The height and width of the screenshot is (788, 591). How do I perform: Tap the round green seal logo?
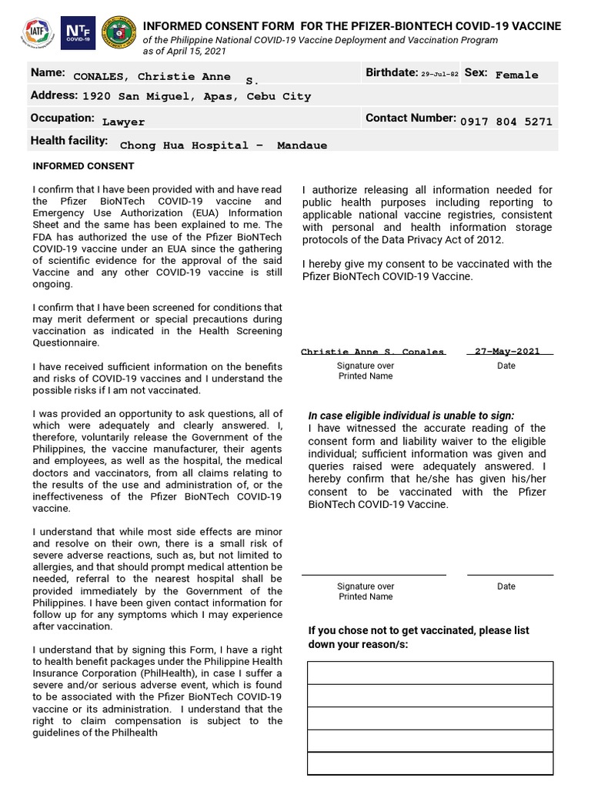[116, 34]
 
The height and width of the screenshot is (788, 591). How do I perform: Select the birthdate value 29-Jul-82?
[439, 74]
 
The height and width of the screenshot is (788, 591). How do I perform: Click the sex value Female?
[516, 75]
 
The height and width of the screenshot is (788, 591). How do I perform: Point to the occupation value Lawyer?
[123, 122]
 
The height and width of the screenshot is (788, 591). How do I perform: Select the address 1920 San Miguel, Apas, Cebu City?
[196, 97]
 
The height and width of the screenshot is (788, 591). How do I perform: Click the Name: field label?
[48, 72]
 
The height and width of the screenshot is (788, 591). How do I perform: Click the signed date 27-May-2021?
[507, 351]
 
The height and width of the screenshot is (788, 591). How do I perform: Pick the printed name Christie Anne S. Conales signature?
[372, 352]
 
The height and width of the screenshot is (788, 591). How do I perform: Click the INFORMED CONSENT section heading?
[83, 166]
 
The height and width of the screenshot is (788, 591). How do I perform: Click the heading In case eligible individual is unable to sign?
[411, 415]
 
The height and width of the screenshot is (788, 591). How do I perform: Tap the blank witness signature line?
[373, 573]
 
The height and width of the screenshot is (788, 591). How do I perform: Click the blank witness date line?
[509, 573]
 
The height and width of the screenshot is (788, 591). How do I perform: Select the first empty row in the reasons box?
[430, 673]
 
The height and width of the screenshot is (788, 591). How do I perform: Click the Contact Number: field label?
[411, 119]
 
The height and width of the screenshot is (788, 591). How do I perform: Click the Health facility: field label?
[69, 141]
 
